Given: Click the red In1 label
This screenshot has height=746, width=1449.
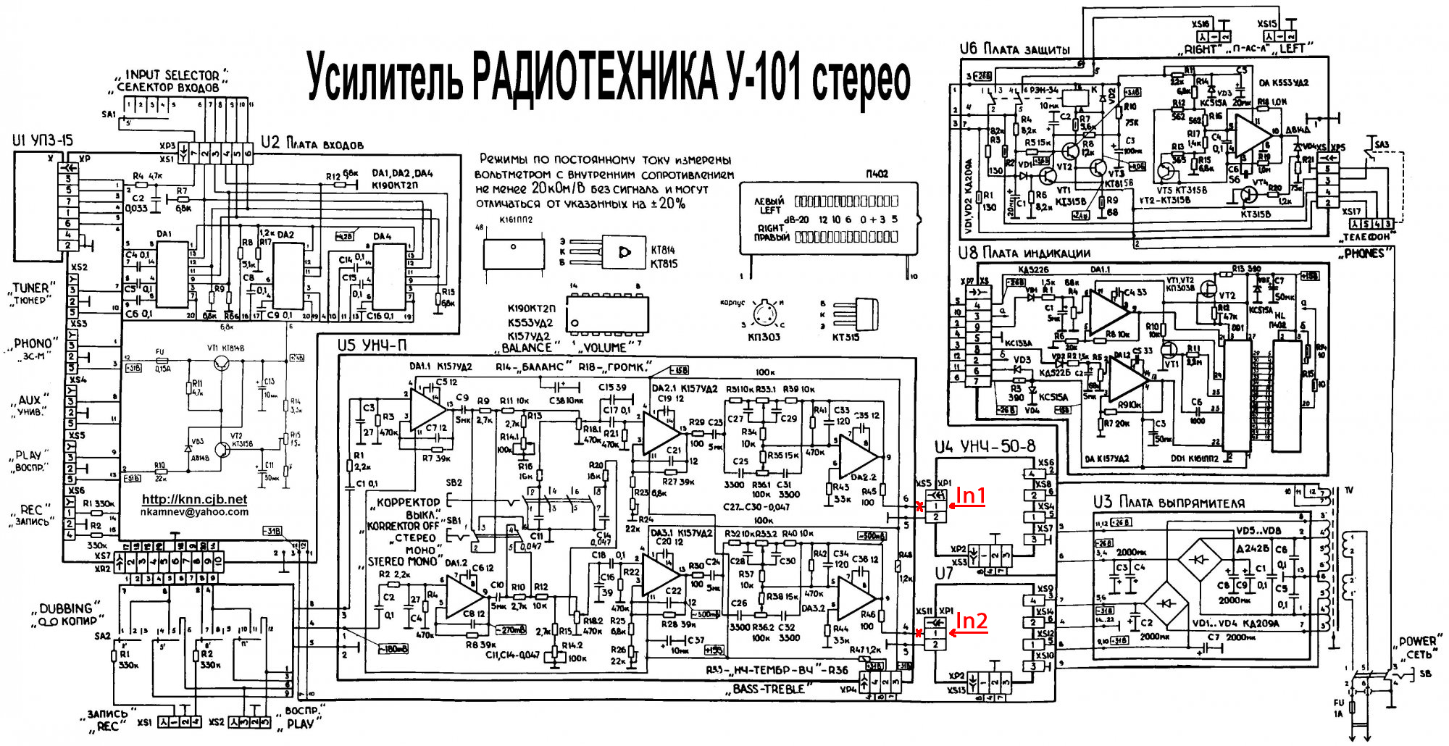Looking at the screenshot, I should coord(971,495).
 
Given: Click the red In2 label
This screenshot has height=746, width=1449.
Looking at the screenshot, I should coord(972,621).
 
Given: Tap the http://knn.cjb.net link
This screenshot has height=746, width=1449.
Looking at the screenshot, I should coord(194,499).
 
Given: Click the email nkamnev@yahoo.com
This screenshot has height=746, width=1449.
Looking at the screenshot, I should coord(194,511).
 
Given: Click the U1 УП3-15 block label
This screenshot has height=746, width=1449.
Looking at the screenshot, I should coord(42,140).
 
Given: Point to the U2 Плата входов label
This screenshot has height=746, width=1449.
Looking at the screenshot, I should coord(312,143).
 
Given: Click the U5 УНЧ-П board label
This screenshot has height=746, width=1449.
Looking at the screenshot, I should coord(372,345).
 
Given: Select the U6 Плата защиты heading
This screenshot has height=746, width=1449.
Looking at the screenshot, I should coord(1014,49).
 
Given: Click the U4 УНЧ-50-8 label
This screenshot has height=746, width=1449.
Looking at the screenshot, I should coord(985,447).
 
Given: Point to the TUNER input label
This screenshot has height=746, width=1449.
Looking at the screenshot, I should coord(30,288).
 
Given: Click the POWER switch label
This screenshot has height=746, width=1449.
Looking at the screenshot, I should coord(1416,642).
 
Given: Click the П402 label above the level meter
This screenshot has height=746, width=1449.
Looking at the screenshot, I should coord(876,174).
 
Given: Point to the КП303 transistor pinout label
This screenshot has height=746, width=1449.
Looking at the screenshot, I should coord(764,337).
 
